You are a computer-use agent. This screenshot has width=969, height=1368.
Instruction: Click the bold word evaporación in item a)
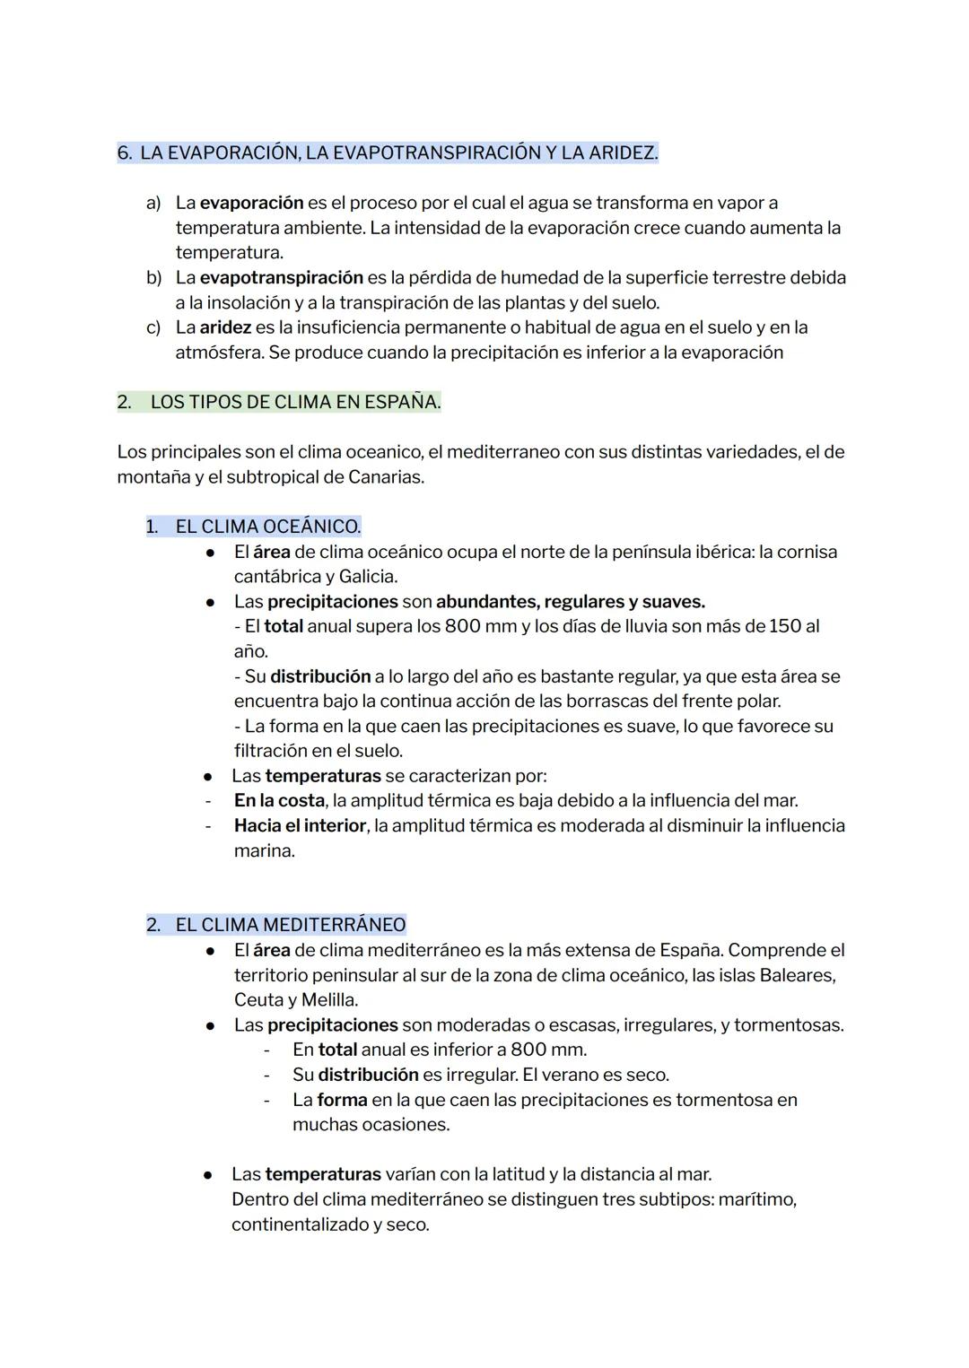pyautogui.click(x=251, y=204)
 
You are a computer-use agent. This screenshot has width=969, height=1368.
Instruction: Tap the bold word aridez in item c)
pyautogui.click(x=224, y=327)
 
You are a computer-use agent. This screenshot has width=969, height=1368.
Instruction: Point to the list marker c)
pyautogui.click(x=153, y=327)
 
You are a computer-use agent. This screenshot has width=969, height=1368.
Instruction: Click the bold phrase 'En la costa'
pyautogui.click(x=279, y=800)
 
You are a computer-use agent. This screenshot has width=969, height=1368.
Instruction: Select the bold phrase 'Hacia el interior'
pyautogui.click(x=300, y=825)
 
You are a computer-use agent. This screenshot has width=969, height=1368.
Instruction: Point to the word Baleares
pyautogui.click(x=797, y=975)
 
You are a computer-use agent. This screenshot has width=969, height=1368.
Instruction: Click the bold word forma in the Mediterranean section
pyautogui.click(x=342, y=1100)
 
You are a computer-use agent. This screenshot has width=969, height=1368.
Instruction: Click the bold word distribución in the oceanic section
pyautogui.click(x=320, y=676)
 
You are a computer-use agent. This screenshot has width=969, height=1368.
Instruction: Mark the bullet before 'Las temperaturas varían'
pyautogui.click(x=207, y=1174)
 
